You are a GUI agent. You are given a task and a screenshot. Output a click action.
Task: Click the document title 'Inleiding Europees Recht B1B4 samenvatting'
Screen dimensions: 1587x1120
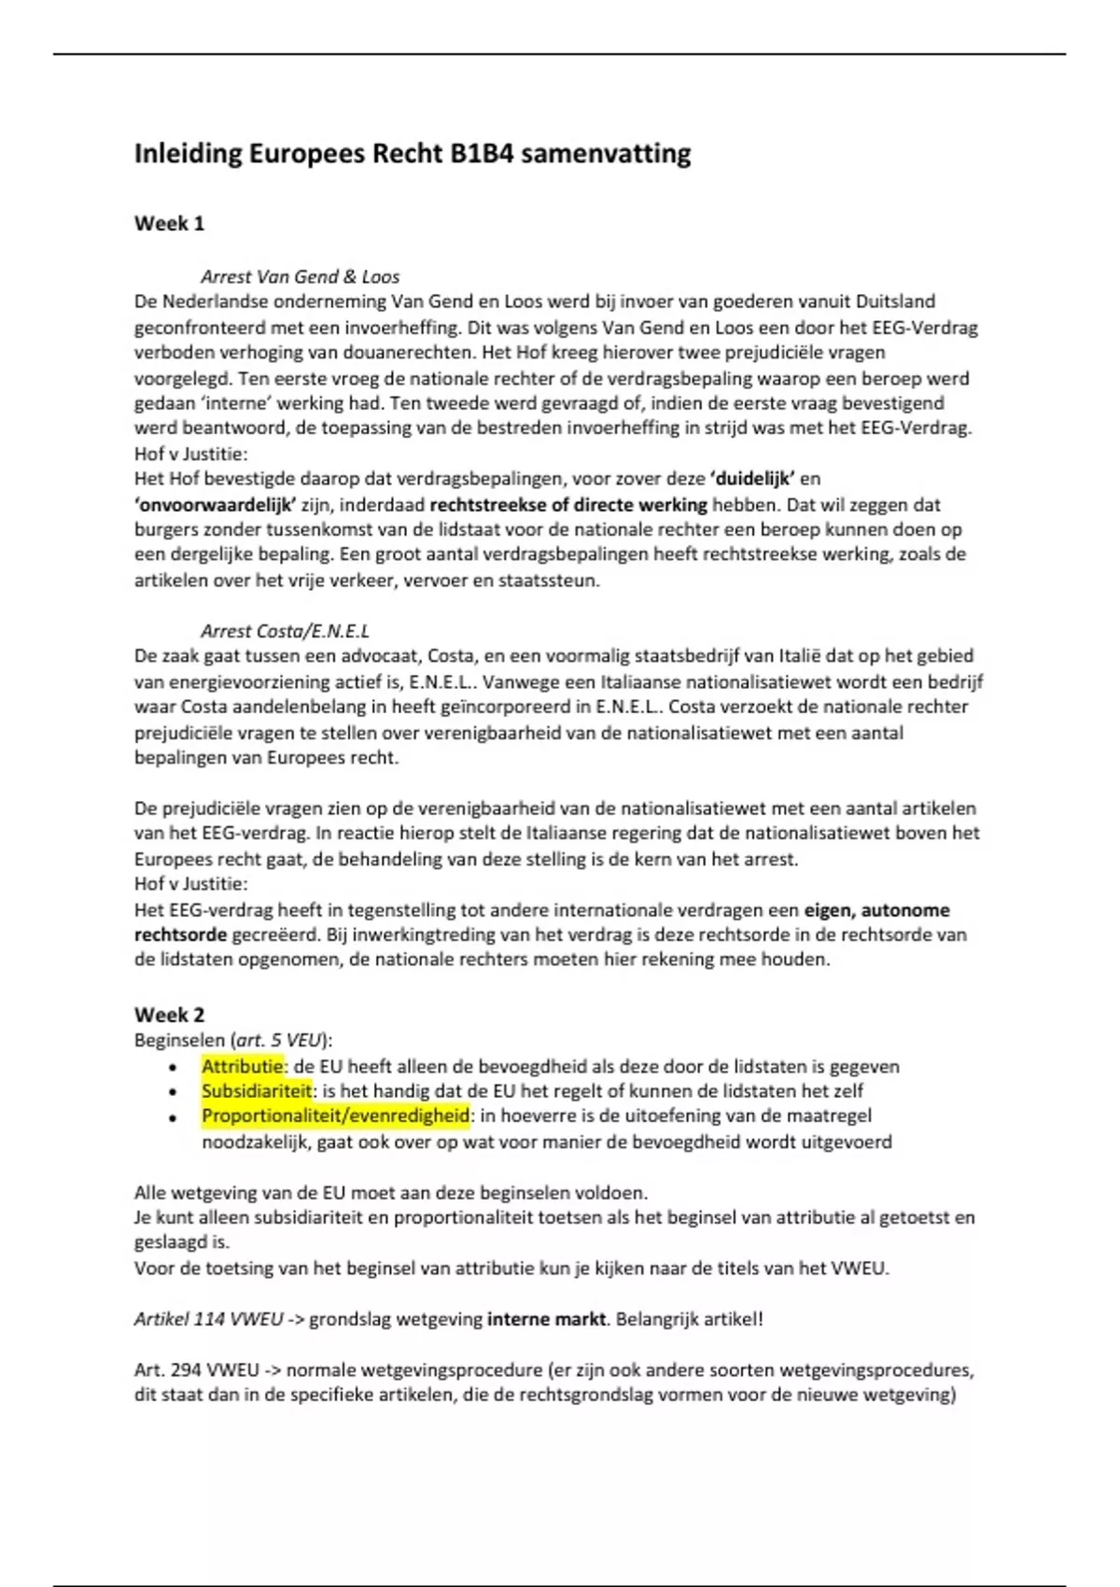413,153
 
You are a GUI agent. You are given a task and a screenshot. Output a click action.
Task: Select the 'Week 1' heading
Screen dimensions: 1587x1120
169,223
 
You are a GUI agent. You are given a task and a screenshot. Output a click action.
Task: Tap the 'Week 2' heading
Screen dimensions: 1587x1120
169,1015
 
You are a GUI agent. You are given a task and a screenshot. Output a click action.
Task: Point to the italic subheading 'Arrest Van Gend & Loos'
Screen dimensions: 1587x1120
300,276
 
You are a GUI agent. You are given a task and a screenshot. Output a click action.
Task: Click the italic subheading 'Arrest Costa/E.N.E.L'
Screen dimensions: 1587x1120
285,631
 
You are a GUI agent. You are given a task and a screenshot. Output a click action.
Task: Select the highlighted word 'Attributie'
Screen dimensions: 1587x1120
243,1066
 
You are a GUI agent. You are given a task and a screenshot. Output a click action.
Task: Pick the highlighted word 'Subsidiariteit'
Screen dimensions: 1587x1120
257,1090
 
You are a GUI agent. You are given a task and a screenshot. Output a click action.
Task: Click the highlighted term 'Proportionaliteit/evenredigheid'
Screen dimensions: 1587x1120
335,1116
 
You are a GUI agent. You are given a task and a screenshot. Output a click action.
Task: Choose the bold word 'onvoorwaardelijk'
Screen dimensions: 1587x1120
216,505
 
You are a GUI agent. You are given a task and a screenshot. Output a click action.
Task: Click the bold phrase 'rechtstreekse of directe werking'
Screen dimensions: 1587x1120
568,505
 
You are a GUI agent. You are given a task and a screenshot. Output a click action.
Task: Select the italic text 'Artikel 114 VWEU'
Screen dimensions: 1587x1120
208,1319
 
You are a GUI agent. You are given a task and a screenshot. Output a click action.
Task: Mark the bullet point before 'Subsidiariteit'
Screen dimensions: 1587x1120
173,1092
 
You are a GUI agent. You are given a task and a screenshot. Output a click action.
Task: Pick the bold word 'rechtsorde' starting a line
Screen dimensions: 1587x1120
180,934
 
